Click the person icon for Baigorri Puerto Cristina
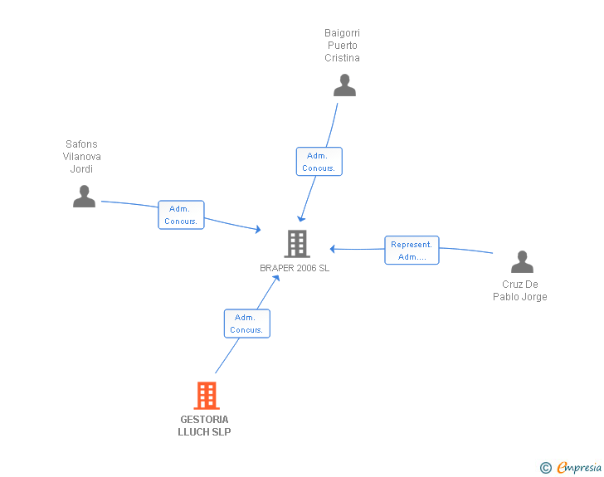coord(344,85)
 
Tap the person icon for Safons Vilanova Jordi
coord(84,196)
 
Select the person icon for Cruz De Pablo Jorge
coord(522,261)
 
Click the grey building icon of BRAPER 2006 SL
coord(297,244)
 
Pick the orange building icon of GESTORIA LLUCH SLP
coord(207,396)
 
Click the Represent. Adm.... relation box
coord(412,250)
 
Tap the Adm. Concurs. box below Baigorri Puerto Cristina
coord(319,162)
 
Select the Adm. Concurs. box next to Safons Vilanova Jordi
coord(181,215)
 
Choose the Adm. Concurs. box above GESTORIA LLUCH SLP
coord(247,324)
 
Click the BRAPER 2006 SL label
coord(295,268)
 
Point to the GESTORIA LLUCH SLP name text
coord(204,426)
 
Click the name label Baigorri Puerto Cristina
coord(342,45)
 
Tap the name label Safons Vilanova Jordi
coord(81,157)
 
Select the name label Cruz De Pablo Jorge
coord(520,290)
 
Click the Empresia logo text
coord(579,467)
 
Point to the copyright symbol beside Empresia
coord(546,468)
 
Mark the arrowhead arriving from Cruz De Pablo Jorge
coord(333,249)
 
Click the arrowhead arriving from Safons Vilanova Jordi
coord(258,230)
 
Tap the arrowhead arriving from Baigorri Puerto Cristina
coord(301,219)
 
